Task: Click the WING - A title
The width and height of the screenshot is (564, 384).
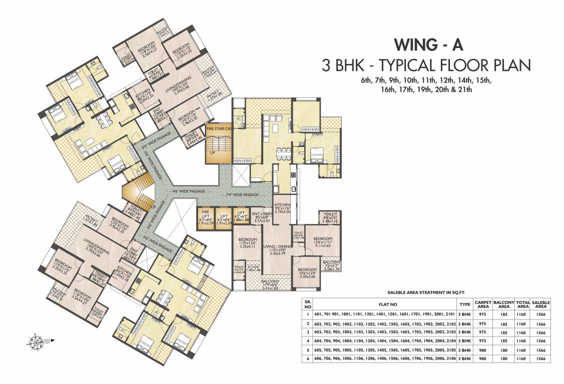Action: click(428, 45)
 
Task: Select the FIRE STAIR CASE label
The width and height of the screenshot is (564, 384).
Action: click(219, 128)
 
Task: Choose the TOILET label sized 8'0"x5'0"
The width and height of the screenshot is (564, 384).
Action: click(330, 217)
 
